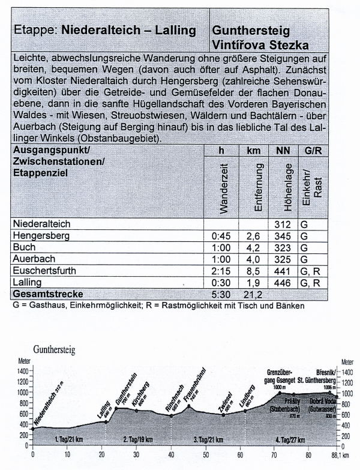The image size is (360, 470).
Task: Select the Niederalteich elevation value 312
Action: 287,223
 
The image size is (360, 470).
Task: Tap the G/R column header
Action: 313,151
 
